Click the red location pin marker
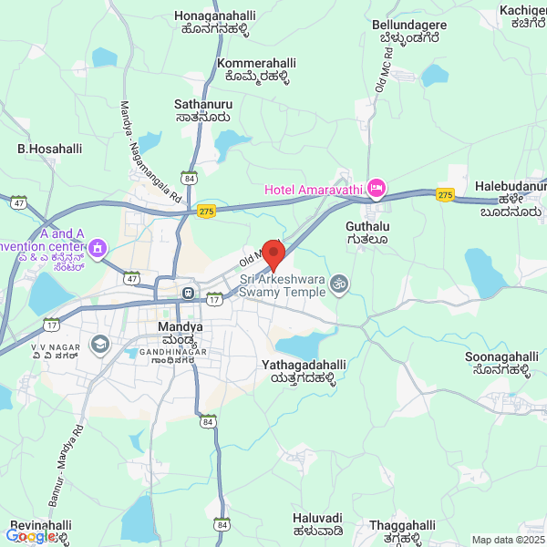[273, 253]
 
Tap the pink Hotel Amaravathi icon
[376, 189]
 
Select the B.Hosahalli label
[50, 148]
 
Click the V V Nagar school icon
[99, 344]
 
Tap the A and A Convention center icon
[98, 248]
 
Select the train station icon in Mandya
[188, 294]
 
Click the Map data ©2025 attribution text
[508, 540]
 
